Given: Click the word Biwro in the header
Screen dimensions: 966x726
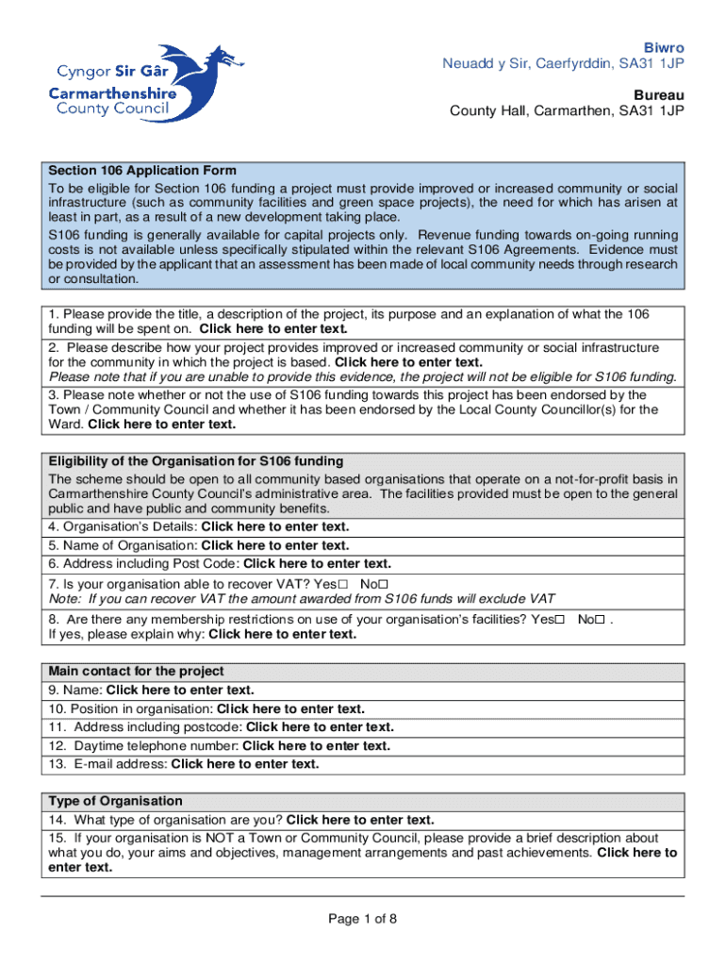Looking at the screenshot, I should click(x=664, y=47).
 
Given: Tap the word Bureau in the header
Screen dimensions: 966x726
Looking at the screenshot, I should click(x=661, y=94).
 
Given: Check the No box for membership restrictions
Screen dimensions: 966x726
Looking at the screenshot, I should click(x=602, y=620).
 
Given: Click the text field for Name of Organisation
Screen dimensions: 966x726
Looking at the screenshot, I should click(x=275, y=545).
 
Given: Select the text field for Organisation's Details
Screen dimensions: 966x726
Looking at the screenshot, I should click(x=275, y=526).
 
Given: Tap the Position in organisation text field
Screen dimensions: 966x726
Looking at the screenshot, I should click(x=290, y=708).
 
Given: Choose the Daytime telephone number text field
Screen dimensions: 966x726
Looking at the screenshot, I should click(x=316, y=745).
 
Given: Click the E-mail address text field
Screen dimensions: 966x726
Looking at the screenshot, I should click(x=245, y=764).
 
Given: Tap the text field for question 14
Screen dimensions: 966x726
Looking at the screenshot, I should click(x=360, y=820).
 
